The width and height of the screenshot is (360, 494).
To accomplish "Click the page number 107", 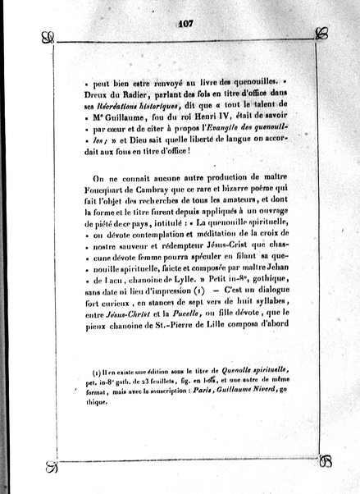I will [183, 23].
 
